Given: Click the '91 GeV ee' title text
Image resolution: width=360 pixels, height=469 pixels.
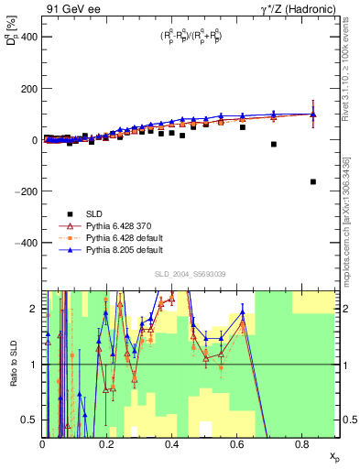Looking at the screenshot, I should (x=71, y=8).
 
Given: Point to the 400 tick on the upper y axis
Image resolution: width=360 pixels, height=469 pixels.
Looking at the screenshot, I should (x=29, y=38).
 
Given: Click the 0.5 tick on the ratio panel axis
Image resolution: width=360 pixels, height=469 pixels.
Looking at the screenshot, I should (x=33, y=420).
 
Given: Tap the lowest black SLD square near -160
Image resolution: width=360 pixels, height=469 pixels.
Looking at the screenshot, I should (x=313, y=181).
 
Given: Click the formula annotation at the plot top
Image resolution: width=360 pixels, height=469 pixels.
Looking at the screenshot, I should (x=191, y=38).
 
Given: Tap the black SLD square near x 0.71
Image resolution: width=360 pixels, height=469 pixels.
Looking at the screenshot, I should (x=274, y=145).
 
